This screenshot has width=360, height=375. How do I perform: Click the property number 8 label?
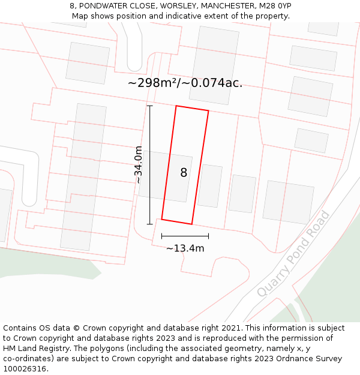click(184, 173)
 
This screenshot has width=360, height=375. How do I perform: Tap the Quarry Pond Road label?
click(293, 253)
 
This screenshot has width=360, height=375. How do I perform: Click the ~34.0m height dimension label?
click(139, 164)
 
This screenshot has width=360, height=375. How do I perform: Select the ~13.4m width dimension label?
click(185, 248)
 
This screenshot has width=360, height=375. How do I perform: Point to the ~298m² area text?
click(154, 83)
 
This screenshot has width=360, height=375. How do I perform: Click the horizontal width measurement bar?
click(185, 236)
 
